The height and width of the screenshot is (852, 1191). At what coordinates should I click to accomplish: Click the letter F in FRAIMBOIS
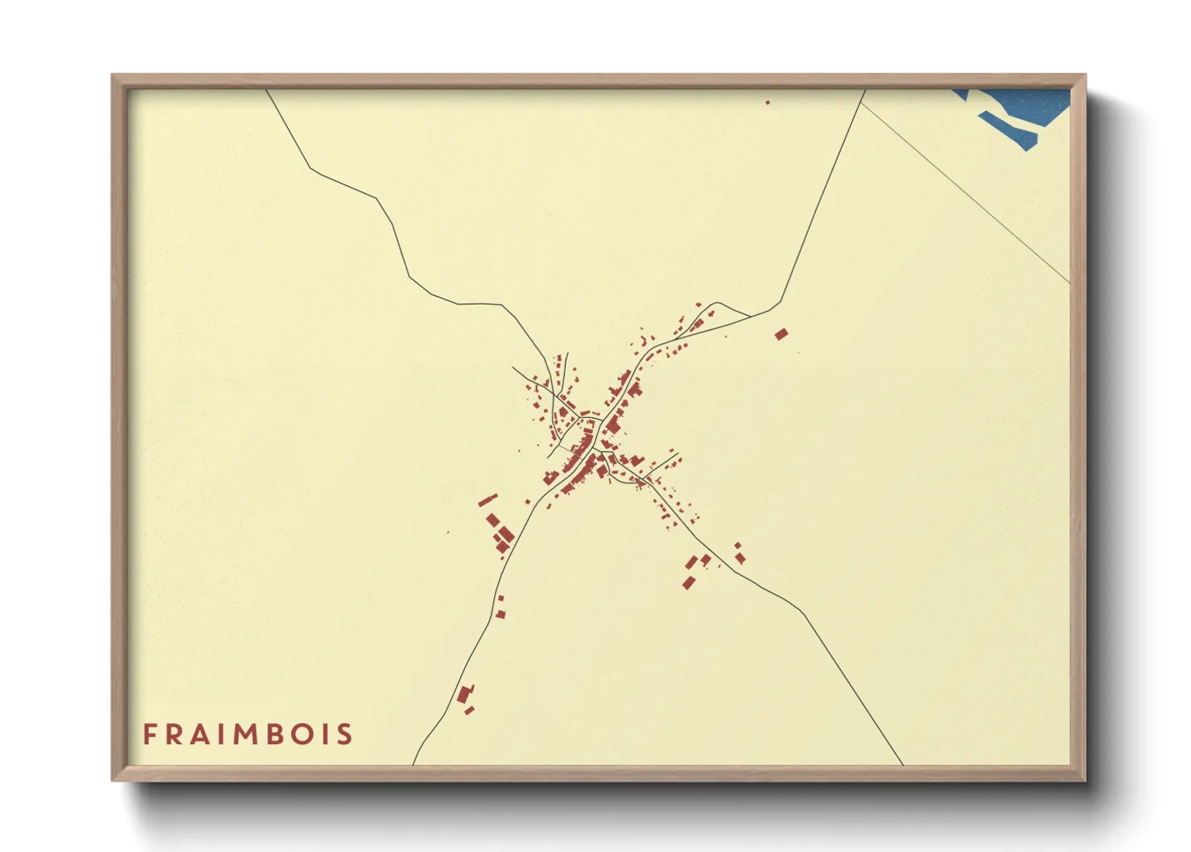(x=150, y=734)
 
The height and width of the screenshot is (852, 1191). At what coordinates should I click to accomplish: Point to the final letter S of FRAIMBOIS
(x=345, y=734)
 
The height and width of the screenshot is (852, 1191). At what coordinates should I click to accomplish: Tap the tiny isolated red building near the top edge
(x=768, y=102)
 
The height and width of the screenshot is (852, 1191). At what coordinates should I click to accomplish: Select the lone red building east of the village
(x=781, y=333)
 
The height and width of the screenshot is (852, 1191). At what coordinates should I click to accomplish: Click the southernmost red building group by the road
(x=465, y=697)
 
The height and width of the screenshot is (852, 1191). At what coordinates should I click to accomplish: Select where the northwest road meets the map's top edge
(x=267, y=90)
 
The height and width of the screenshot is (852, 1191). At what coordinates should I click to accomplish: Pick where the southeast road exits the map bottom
(x=902, y=763)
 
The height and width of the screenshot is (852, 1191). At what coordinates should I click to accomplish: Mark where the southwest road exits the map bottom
(x=414, y=763)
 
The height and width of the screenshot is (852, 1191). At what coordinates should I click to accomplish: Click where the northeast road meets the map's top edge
(x=864, y=90)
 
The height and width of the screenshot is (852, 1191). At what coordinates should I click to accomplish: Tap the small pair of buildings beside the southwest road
(x=500, y=607)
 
